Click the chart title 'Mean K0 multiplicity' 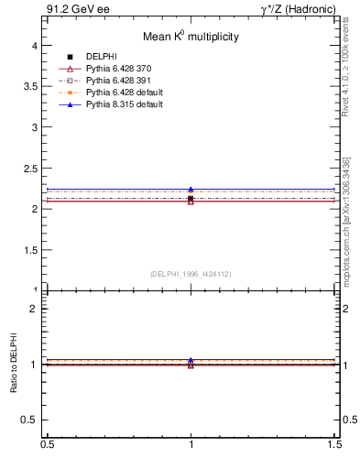[x=191, y=37]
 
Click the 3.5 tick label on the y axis [x=30, y=86]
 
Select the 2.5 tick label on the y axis [x=30, y=168]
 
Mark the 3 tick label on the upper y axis [x=34, y=126]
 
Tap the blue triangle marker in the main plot [x=191, y=190]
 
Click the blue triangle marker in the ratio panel [x=191, y=360]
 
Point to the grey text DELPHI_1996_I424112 [x=191, y=274]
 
